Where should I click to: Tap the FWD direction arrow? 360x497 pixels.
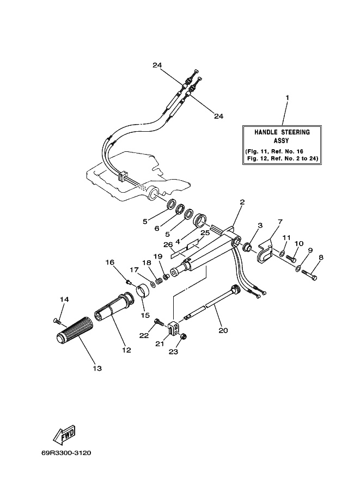click(64, 434)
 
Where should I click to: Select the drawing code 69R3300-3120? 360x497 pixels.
click(66, 453)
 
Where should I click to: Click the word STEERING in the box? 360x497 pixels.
click(295, 132)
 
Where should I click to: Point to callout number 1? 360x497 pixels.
click(288, 98)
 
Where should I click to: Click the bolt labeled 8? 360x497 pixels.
click(309, 275)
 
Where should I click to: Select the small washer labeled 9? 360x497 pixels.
click(298, 269)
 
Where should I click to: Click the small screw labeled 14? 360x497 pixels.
click(57, 321)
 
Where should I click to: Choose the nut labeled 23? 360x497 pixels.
click(184, 336)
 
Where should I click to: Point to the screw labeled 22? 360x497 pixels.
click(159, 322)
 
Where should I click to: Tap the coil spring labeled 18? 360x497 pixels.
click(158, 280)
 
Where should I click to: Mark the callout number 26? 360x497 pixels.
click(168, 244)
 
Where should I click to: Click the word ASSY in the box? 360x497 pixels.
click(282, 140)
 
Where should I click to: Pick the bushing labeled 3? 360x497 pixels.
click(248, 247)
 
